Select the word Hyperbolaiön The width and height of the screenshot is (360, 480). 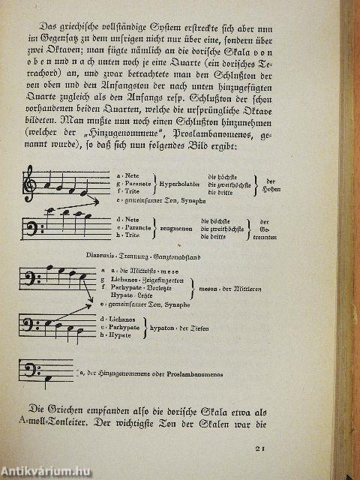[178, 182]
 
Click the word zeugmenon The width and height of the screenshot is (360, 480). [175, 226]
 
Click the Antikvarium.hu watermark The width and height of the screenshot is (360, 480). [45, 470]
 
